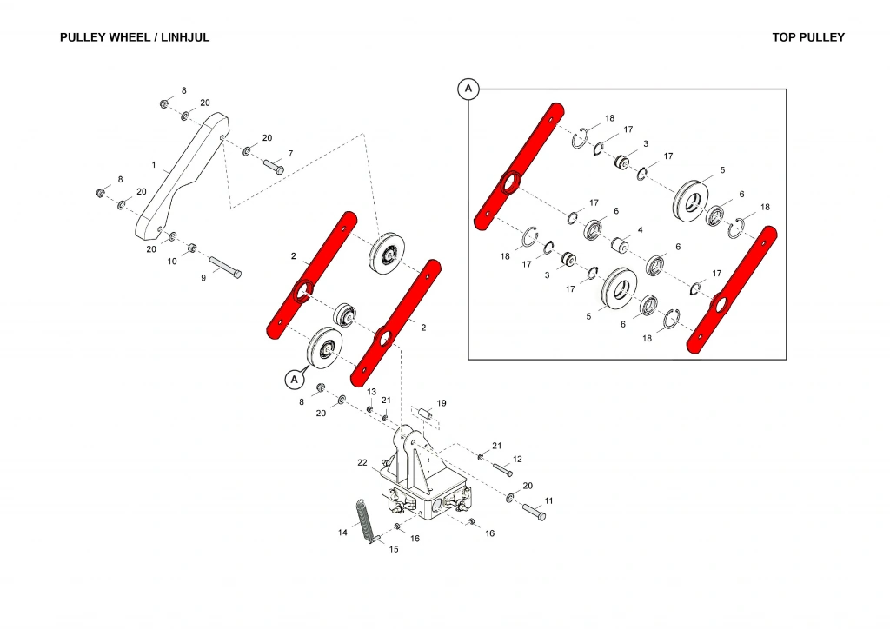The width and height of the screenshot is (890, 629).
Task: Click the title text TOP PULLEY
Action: pos(807,37)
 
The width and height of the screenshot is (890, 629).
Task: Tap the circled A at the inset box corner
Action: pos(468,89)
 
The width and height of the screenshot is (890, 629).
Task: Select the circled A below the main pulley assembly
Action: pos(294,379)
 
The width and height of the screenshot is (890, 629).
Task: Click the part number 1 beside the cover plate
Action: pos(154,164)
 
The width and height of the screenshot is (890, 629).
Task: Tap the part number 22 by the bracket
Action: pos(362,463)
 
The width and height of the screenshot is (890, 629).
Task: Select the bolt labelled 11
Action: pos(534,512)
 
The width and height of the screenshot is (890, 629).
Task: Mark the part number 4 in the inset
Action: pos(640,230)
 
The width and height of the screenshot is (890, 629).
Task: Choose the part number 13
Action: pos(371,393)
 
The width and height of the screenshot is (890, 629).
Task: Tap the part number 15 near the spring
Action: pos(394,549)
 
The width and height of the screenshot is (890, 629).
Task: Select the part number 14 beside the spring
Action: pos(342,532)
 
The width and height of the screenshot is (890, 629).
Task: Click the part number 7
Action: pos(290,154)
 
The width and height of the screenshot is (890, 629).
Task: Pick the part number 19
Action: pos(442,403)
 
